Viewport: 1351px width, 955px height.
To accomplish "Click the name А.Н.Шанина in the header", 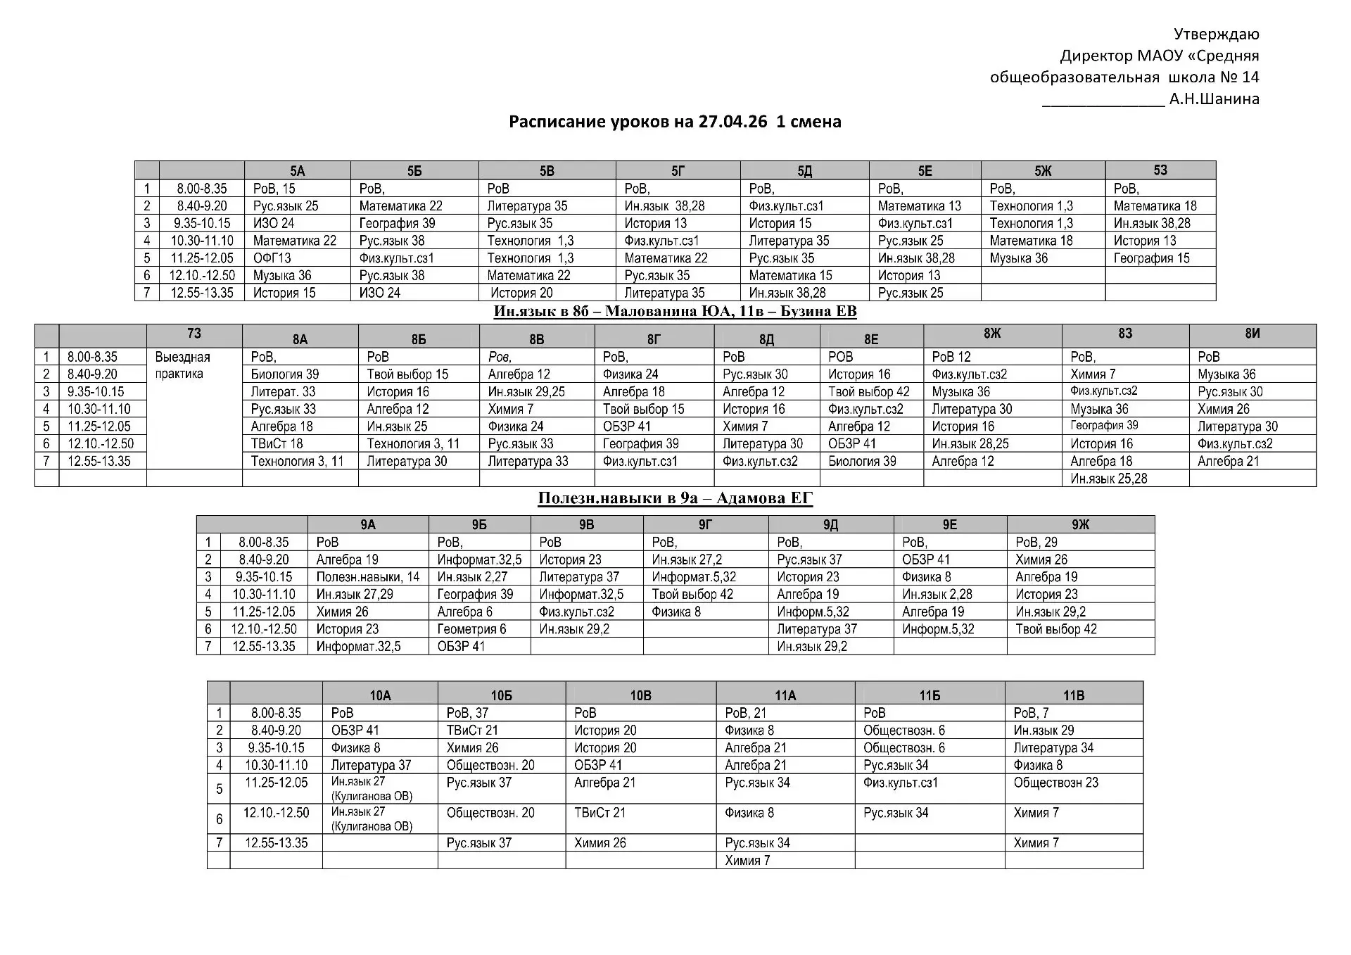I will pyautogui.click(x=1214, y=99).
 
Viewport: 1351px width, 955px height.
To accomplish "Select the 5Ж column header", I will pyautogui.click(x=1043, y=171).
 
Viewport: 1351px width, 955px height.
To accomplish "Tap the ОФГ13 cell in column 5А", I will pyautogui.click(x=272, y=258).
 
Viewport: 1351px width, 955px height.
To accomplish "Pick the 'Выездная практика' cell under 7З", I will pyautogui.click(x=182, y=365).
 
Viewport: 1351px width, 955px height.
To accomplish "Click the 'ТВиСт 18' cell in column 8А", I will pyautogui.click(x=277, y=444).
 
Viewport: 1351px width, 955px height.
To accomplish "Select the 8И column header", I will pyautogui.click(x=1252, y=334).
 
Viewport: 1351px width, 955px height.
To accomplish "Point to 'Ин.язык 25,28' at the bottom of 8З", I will pyautogui.click(x=1108, y=479).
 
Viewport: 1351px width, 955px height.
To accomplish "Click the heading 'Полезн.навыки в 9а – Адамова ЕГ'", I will pyautogui.click(x=675, y=498).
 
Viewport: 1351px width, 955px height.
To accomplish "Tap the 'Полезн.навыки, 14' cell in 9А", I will pyautogui.click(x=367, y=577).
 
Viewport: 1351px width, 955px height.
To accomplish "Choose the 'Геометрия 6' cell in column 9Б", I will pyautogui.click(x=471, y=629).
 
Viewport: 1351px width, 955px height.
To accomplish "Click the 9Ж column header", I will pyautogui.click(x=1080, y=524).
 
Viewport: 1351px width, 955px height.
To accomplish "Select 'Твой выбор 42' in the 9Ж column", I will pyautogui.click(x=1055, y=629).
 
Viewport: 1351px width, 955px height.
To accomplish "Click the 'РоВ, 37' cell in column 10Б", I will pyautogui.click(x=467, y=713).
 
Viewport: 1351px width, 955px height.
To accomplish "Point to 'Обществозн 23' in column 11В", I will pyautogui.click(x=1055, y=783).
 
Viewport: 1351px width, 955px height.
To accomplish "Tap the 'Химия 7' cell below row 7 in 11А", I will pyautogui.click(x=747, y=860).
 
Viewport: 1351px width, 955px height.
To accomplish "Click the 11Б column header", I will pyautogui.click(x=930, y=695).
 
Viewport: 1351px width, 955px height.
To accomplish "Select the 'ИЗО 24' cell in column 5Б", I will pyautogui.click(x=380, y=293).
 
